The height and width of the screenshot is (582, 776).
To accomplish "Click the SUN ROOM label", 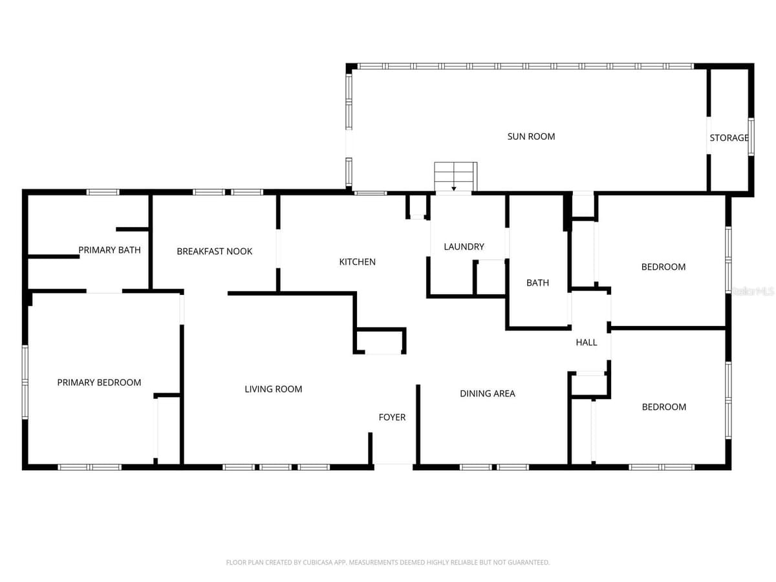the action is coord(531,136).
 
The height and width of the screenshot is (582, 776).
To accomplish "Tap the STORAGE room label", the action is coord(729,138).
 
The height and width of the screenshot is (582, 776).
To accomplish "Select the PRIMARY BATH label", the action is coord(109,250).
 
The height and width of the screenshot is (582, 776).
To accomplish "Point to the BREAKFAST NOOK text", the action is coord(214,252).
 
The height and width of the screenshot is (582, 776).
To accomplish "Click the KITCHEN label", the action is coord(357,262).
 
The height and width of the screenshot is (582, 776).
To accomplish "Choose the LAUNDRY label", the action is coord(464,246).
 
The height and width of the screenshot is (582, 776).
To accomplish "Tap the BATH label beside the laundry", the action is coord(537,283).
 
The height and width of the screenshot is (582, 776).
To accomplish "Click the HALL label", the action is coord(586,342).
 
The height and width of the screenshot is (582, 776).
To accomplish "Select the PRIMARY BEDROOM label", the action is coord(99,382).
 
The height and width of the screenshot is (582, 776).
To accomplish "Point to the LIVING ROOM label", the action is coord(274,389).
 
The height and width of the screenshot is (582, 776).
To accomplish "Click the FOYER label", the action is coord(392,417).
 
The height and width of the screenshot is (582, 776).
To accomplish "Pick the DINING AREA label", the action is coord(487,393).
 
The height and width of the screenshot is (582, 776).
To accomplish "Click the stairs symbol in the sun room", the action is coord(455,177).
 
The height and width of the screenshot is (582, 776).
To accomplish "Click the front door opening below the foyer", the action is coord(393,466).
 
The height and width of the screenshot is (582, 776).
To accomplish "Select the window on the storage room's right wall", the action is coord(751,136).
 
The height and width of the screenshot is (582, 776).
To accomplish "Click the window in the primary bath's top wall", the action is coord(103,192).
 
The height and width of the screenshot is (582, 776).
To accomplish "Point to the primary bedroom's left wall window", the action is coord(25,382).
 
